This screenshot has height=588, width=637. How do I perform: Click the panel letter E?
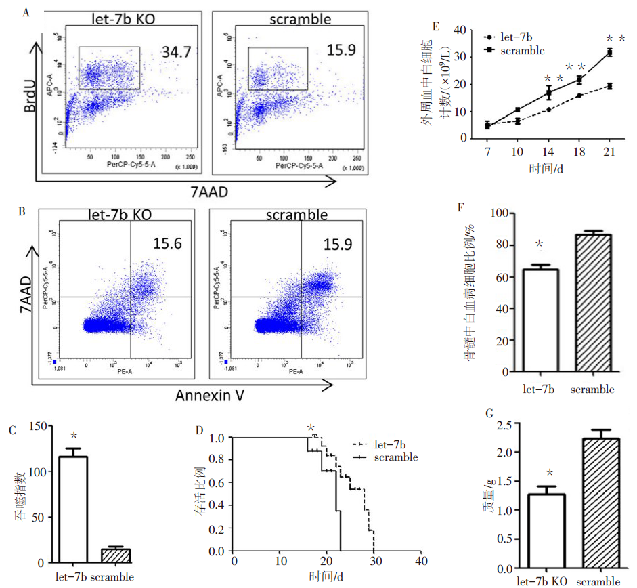click(x=436, y=27)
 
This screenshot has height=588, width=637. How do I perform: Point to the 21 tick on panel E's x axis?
click(x=609, y=150)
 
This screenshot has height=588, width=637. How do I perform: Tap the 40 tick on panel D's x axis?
click(x=420, y=562)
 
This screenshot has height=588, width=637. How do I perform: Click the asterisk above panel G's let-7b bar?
click(x=550, y=473)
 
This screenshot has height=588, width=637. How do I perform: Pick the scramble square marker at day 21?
click(x=609, y=52)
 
